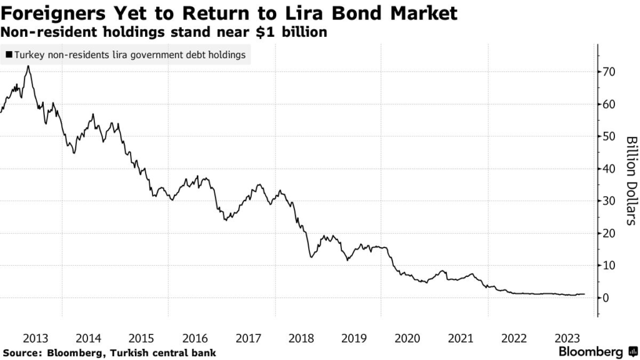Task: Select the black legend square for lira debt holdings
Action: point(8,56)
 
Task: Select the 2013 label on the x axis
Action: point(35,338)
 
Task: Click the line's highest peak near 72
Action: point(27,66)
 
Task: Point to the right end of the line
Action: point(584,294)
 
